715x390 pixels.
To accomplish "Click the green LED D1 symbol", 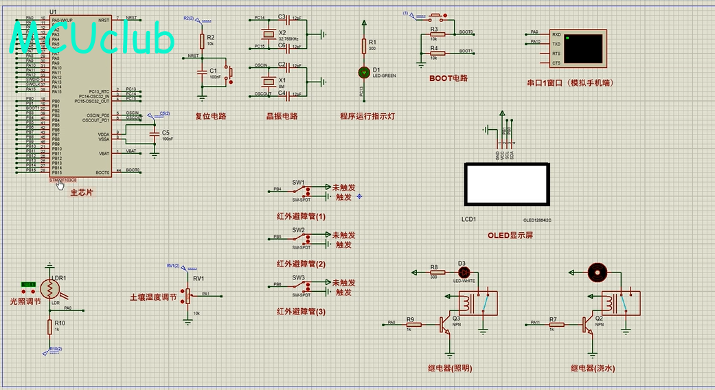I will [x=364, y=71].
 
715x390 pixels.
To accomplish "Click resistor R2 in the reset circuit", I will [x=202, y=40].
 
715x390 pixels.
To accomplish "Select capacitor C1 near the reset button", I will [x=202, y=71].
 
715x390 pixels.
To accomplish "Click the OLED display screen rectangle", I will [x=507, y=185].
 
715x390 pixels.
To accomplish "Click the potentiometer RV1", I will [x=188, y=296].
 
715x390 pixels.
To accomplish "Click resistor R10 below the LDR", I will [x=49, y=327].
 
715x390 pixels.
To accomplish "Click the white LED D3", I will [x=462, y=273].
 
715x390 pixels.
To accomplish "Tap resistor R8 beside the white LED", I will [x=433, y=273].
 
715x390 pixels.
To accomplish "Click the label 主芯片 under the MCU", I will [x=82, y=192].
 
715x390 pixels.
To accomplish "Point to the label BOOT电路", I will [x=449, y=78].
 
